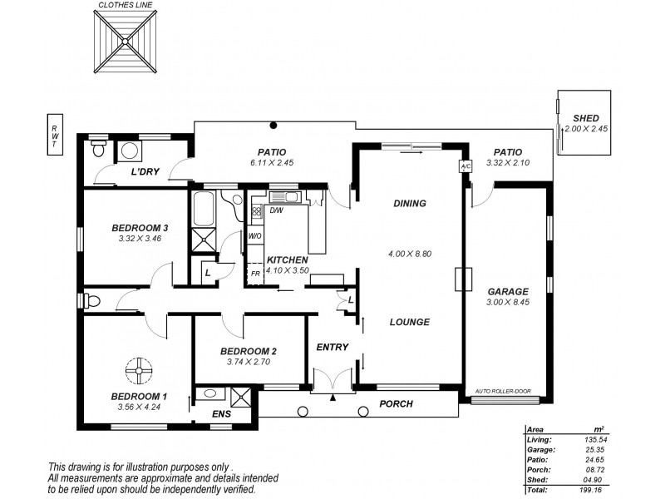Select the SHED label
[x=586, y=118]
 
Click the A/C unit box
[x=465, y=166]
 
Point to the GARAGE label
[x=508, y=292]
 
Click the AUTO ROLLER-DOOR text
[x=502, y=390]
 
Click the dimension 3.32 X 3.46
[x=139, y=240]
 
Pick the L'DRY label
[x=145, y=172]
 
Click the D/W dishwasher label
[x=277, y=210]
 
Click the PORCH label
[x=397, y=404]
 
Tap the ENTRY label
[x=332, y=347]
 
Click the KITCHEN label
[x=288, y=260]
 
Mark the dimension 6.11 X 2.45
[x=271, y=164]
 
